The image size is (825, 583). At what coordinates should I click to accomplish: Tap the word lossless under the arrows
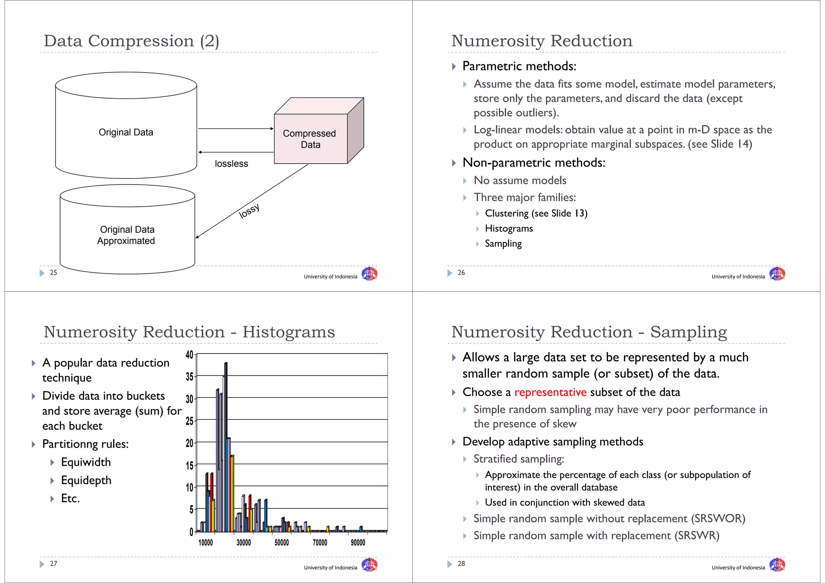tap(231, 164)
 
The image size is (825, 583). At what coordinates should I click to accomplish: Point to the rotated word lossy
tap(249, 211)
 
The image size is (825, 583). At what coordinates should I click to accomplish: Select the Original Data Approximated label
tap(126, 235)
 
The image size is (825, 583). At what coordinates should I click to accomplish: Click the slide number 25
tap(54, 273)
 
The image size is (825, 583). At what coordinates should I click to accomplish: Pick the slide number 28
tap(461, 564)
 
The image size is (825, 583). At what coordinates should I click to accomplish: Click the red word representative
tap(550, 392)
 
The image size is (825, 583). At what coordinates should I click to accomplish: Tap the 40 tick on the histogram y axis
tap(189, 355)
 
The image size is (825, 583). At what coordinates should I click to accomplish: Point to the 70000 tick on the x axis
tap(320, 543)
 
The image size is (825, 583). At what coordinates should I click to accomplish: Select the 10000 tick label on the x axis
tap(205, 543)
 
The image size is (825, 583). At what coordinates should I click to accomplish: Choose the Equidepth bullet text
tap(86, 480)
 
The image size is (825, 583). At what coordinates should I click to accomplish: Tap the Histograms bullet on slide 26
tap(509, 228)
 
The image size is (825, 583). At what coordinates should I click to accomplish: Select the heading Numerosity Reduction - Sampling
tap(589, 332)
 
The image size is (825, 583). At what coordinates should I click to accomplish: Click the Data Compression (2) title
tap(131, 41)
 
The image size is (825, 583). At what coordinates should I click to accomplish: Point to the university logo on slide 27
tap(369, 565)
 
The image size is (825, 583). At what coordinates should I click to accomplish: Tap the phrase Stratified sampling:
tap(519, 459)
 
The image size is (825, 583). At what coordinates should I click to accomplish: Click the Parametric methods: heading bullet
tap(519, 66)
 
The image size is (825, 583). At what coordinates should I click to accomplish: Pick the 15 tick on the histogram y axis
tap(189, 466)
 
